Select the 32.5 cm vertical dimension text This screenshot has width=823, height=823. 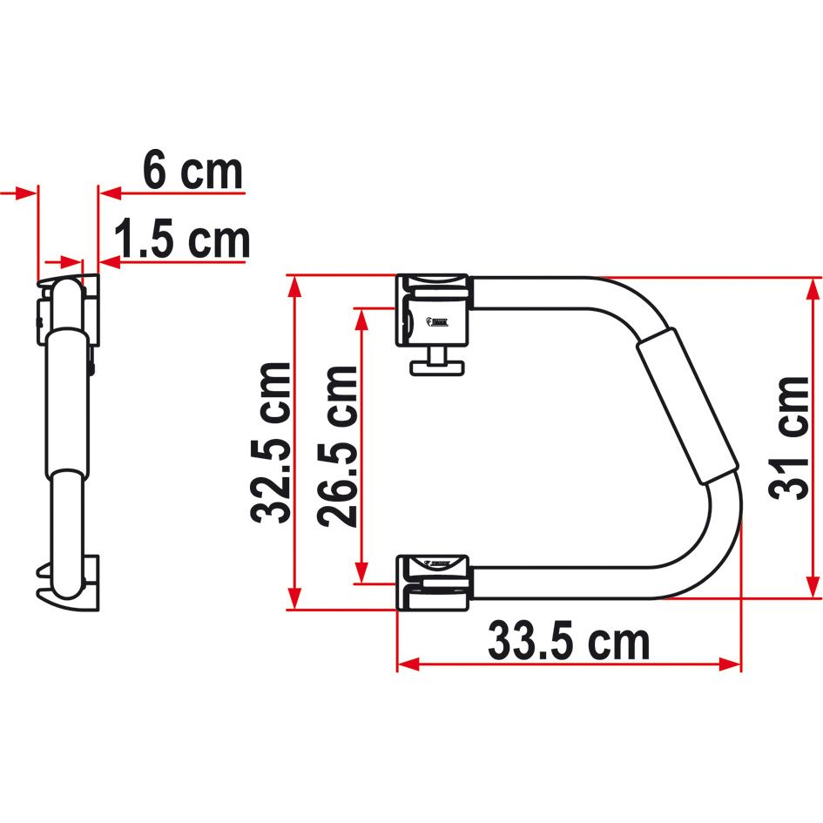click(271, 442)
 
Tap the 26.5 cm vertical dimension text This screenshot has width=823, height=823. click(337, 445)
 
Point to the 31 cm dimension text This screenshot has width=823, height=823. click(791, 437)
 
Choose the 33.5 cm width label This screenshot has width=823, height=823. click(568, 643)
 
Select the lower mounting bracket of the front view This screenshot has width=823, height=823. click(433, 579)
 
